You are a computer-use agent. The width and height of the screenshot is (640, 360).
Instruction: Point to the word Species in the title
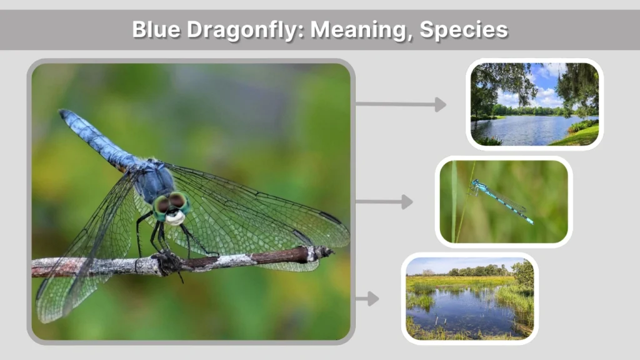pyautogui.click(x=463, y=29)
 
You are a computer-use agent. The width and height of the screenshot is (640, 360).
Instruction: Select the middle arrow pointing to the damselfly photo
pyautogui.click(x=384, y=202)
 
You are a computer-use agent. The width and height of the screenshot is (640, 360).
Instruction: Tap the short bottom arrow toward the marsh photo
pyautogui.click(x=368, y=299)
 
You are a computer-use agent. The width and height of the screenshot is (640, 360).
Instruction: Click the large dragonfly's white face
pyautogui.click(x=175, y=217)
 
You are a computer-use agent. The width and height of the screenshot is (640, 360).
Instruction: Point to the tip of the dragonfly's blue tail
pyautogui.click(x=64, y=114)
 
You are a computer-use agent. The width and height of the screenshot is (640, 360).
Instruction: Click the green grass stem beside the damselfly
pyautogui.click(x=454, y=206)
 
